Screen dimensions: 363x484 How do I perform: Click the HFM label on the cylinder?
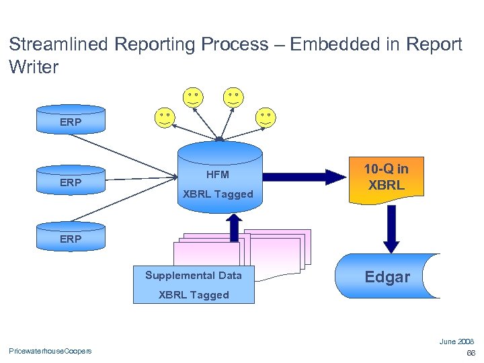coord(217,175)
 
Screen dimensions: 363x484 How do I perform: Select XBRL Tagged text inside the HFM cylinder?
coord(218,194)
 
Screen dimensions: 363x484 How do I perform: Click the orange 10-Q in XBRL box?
coord(387,177)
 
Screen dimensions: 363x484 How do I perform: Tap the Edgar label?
coord(387,277)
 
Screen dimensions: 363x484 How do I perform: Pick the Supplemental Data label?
coord(194,275)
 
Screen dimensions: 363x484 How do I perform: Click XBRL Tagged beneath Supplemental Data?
coord(194,294)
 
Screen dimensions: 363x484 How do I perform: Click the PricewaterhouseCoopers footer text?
coord(50,350)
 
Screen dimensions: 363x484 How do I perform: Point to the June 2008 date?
coord(456,341)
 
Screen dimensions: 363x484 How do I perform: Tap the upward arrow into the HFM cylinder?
coord(235,227)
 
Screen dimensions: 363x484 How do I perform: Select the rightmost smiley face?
coord(266,118)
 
